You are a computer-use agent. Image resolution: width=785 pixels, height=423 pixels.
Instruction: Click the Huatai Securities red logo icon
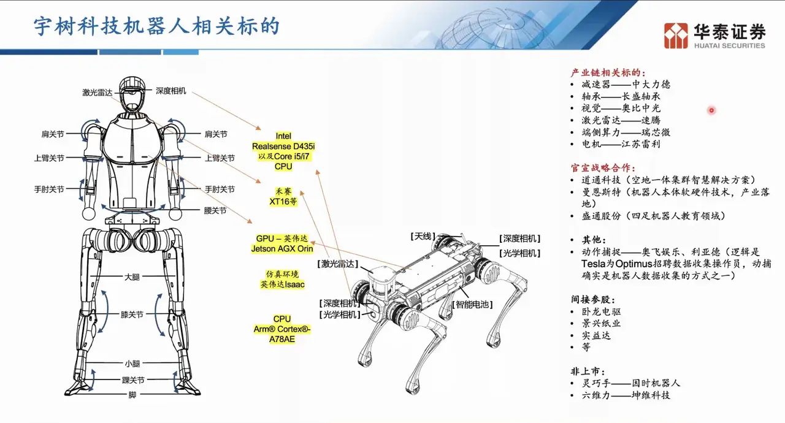[x=676, y=36]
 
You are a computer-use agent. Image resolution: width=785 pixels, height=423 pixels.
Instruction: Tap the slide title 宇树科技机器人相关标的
[x=156, y=26]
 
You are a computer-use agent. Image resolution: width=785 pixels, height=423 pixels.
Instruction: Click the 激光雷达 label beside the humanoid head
[x=97, y=93]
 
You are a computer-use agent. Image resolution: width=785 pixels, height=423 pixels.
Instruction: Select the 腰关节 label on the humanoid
[x=215, y=210]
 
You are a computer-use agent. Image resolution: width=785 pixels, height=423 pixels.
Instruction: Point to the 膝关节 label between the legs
[x=132, y=314]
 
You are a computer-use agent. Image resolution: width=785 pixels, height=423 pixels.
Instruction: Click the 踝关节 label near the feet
[x=133, y=380]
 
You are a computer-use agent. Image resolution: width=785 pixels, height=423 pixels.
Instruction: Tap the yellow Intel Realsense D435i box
[x=283, y=151]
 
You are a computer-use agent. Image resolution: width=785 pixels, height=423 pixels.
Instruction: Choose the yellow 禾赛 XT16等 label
[x=283, y=196]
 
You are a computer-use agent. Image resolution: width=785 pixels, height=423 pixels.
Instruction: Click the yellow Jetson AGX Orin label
[x=282, y=244]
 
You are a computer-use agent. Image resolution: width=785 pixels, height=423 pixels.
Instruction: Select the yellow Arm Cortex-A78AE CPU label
[x=282, y=329]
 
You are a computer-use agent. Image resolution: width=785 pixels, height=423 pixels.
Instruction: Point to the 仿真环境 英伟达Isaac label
[x=283, y=279]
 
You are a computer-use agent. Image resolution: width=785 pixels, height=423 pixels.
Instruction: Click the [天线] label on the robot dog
[x=423, y=237]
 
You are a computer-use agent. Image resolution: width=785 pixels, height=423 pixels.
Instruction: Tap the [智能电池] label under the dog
[x=472, y=304]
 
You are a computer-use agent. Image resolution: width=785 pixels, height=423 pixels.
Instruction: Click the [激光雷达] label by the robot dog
[x=337, y=264]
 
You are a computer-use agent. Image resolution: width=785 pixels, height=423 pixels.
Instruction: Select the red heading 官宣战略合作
[x=603, y=168]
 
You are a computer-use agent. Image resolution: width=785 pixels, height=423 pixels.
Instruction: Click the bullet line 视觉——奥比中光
[x=621, y=108]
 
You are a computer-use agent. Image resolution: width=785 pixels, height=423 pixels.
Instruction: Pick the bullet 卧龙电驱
[x=602, y=311]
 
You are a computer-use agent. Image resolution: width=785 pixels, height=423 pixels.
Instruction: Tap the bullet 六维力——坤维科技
[x=626, y=395]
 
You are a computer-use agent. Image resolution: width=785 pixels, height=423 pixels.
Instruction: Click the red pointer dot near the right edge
[x=711, y=110]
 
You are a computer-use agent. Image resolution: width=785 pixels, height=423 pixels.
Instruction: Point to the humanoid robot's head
[x=132, y=94]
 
